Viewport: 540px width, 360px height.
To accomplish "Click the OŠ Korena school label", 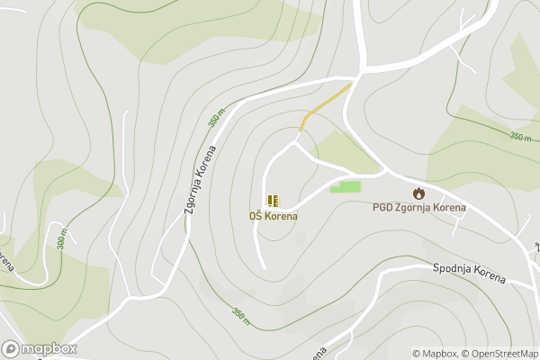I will tap(273, 216).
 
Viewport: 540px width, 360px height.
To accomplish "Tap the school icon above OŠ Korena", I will tap(273, 200).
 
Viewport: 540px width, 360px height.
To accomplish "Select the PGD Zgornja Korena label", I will tap(419, 208).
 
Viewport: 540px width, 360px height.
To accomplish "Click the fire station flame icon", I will tap(418, 193).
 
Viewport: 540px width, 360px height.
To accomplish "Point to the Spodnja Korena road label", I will tap(469, 274).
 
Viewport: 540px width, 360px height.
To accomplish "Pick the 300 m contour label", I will tap(62, 238).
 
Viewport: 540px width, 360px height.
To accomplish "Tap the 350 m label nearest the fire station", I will tap(520, 137).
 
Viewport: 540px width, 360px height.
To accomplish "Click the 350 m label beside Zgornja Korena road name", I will tap(215, 118).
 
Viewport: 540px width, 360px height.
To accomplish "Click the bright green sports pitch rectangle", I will tap(345, 186).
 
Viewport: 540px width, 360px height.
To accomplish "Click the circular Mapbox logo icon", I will tap(11, 349).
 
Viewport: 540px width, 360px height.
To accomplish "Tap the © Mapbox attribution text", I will tap(436, 354).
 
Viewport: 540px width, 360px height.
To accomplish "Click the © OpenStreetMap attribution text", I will tap(500, 354).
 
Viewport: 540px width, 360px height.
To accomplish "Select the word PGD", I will tap(382, 208).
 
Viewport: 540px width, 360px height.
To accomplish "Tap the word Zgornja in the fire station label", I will tap(414, 208).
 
